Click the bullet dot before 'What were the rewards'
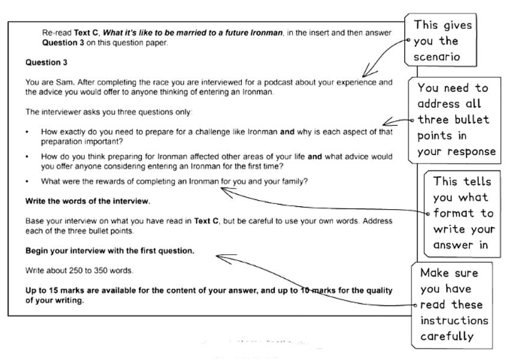[28, 180]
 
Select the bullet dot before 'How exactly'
[28, 132]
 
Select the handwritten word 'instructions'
[453, 320]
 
